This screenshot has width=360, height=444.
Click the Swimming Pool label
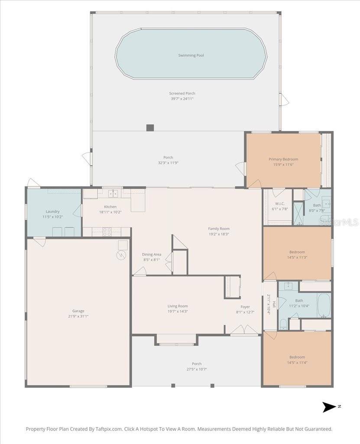(x=191, y=55)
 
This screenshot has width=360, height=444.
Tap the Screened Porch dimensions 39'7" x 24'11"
(x=182, y=99)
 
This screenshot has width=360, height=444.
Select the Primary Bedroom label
(x=283, y=159)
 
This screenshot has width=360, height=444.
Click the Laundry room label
(x=53, y=211)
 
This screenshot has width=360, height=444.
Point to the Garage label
(x=78, y=311)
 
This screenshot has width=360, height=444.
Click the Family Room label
(x=219, y=229)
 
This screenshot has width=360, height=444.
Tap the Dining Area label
(x=152, y=254)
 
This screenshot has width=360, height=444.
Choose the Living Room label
(x=178, y=306)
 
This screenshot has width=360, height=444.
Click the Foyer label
(x=245, y=307)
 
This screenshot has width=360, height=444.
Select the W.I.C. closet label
(x=280, y=204)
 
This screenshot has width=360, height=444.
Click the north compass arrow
(x=329, y=407)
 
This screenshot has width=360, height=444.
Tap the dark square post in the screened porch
(x=150, y=128)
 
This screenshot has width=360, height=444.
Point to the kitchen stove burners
(x=107, y=232)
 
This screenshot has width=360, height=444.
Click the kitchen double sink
(x=114, y=193)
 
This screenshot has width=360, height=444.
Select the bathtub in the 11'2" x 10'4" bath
(x=324, y=306)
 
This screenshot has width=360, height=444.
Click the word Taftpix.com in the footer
(x=109, y=429)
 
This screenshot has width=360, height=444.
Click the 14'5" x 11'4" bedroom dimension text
(x=297, y=362)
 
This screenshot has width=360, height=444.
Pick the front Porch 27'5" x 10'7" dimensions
(x=197, y=369)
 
